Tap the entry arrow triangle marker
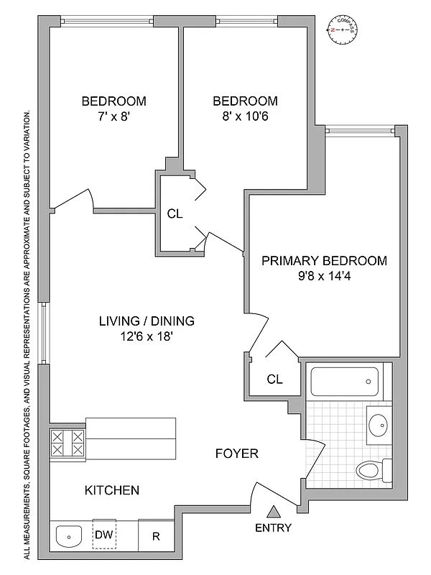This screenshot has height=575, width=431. pyautogui.click(x=273, y=512)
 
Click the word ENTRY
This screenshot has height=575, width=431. pyautogui.click(x=273, y=528)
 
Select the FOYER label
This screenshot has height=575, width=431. pyautogui.click(x=236, y=454)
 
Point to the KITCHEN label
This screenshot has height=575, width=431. pyautogui.click(x=111, y=491)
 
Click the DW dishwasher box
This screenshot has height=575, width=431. pyautogui.click(x=104, y=535)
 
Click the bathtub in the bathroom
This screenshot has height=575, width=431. pyautogui.click(x=344, y=380)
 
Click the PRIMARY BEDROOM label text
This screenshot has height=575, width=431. pyautogui.click(x=324, y=261)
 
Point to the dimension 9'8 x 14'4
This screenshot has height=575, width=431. pyautogui.click(x=324, y=277)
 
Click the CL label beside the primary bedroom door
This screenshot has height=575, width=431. pyautogui.click(x=274, y=379)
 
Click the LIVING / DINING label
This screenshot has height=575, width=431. pyautogui.click(x=147, y=321)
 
